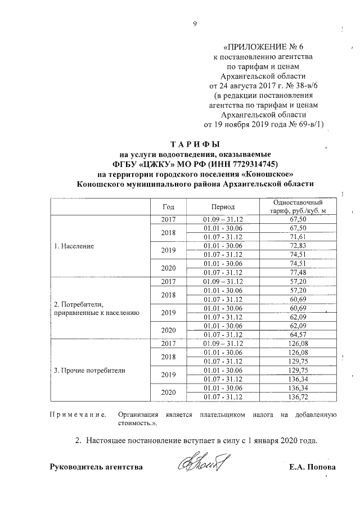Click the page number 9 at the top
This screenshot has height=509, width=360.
pyautogui.click(x=194, y=24)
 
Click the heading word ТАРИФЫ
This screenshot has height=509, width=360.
pyautogui.click(x=194, y=143)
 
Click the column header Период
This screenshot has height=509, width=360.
pyautogui.click(x=223, y=206)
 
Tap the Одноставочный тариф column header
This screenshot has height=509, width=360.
pyautogui.click(x=296, y=206)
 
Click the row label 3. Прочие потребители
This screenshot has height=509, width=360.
pyautogui.click(x=89, y=371)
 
